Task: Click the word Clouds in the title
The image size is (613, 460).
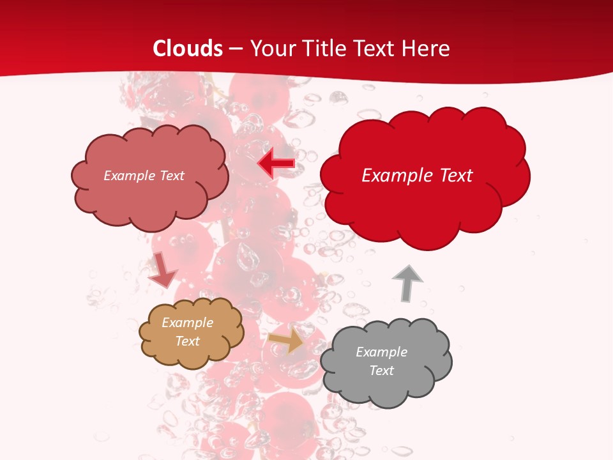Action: pos(188,49)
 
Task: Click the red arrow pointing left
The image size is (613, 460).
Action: pos(276,163)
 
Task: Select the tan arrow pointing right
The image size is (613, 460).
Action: pos(286,341)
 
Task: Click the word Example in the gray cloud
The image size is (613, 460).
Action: pos(381,352)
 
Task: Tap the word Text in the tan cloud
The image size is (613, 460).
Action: pos(188,341)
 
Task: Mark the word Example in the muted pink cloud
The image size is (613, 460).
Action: pos(128,176)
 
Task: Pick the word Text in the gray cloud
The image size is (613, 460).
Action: pos(381,371)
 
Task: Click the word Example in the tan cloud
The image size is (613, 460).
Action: pos(187,323)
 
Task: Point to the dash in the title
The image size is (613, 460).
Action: pos(236,49)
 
